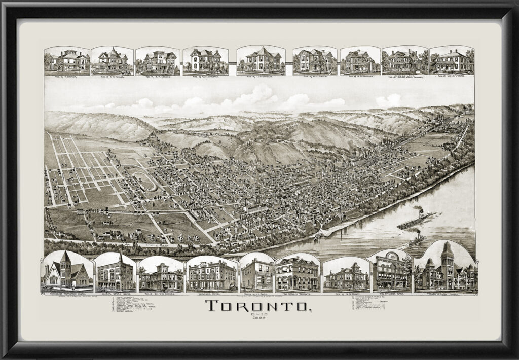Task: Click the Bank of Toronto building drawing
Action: click(297, 274)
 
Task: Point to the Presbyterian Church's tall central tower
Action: click(447, 259)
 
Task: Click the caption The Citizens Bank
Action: click(391, 293)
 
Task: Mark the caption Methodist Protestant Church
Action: click(66, 294)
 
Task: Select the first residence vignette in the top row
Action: click(67, 61)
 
